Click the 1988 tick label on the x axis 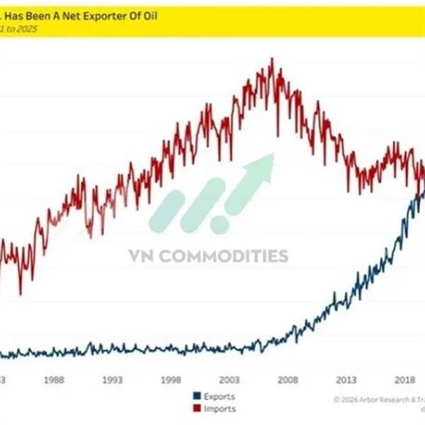54,379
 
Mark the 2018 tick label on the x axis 405,379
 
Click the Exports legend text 219,397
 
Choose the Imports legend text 220,409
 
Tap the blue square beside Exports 196,397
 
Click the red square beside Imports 196,409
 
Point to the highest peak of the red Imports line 272,59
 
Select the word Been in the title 45,18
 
